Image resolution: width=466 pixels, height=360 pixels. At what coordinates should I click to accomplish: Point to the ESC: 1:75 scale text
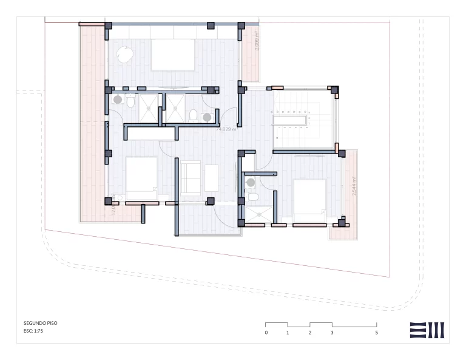[x=33, y=331]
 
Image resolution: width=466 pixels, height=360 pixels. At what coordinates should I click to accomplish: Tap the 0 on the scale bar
[x=266, y=333]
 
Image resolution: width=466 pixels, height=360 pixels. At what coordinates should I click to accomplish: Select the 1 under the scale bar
[x=288, y=333]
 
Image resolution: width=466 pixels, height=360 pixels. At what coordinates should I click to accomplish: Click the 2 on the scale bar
[x=310, y=333]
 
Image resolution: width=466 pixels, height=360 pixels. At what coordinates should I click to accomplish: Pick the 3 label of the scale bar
[x=332, y=333]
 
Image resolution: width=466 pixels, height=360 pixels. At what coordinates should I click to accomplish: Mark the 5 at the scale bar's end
[x=376, y=333]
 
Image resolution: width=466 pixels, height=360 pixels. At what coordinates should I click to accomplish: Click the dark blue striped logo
[x=427, y=330]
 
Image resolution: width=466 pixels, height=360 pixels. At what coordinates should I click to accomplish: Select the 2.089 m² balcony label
[x=257, y=41]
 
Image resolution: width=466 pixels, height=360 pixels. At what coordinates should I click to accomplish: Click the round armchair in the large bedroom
[x=125, y=55]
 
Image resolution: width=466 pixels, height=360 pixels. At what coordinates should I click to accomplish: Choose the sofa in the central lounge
[x=191, y=177]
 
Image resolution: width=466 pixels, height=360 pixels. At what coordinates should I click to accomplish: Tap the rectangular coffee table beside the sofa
[x=212, y=177]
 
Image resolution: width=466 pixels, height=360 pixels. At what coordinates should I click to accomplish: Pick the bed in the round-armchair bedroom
[x=173, y=55]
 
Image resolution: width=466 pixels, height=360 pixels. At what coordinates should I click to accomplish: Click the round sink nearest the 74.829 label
[x=207, y=117]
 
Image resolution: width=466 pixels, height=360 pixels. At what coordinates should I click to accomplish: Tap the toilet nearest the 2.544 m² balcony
[x=254, y=197]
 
